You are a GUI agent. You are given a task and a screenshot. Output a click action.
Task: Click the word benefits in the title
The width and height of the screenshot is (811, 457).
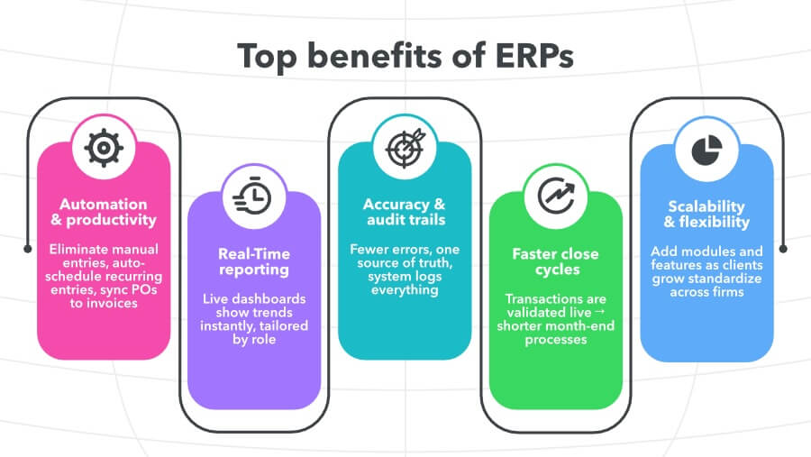coord(370,56)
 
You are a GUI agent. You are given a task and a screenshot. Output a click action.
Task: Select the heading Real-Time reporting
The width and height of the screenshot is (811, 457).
coord(254,261)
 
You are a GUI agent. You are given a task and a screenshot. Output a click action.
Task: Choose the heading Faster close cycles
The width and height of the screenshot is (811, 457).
coord(554,261)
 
